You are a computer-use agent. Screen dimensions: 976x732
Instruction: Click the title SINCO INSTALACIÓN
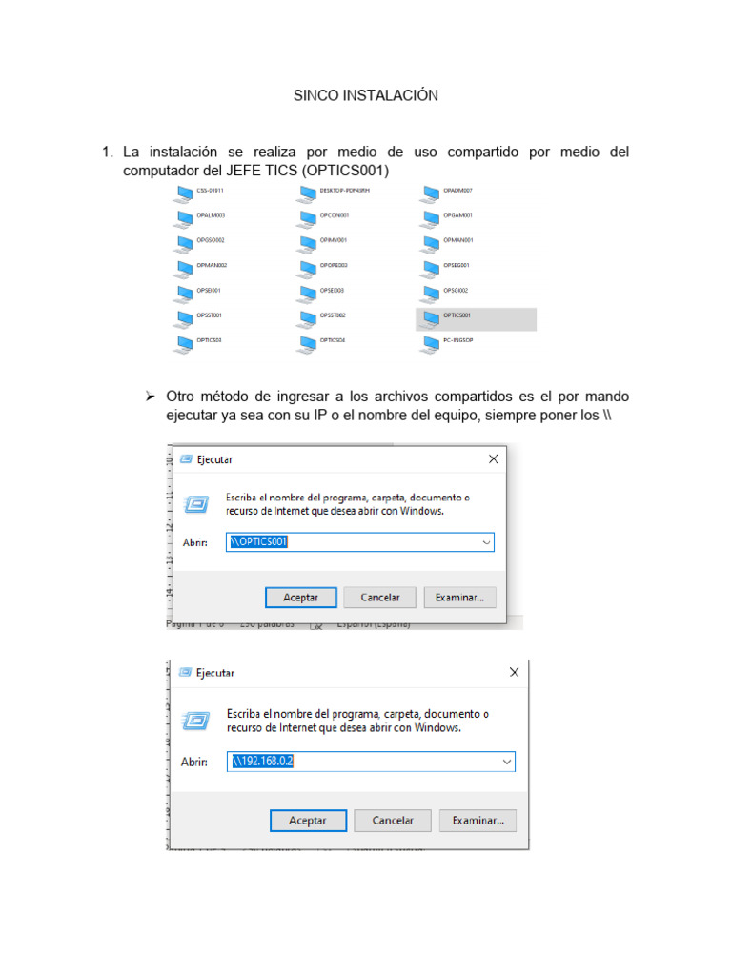tap(365, 95)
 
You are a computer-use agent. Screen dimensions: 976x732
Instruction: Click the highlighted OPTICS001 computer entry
tap(476, 317)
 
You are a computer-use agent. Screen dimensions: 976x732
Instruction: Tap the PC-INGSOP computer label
tap(459, 339)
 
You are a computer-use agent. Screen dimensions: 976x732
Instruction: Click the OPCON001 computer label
tap(335, 215)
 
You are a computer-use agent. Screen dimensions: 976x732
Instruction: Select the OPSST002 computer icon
tap(306, 317)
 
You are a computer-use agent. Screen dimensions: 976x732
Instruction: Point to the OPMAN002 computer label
tap(212, 265)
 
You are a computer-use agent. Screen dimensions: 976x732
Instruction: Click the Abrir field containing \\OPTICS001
tap(353, 542)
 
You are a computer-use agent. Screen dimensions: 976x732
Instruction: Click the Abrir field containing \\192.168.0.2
tap(362, 762)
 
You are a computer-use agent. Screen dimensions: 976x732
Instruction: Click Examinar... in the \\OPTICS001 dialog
tap(459, 598)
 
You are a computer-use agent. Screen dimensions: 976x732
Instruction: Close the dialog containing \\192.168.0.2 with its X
tap(515, 672)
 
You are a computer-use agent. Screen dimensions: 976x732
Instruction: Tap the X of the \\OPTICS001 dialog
tap(493, 458)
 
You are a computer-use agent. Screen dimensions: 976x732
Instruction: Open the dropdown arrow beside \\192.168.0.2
tap(506, 762)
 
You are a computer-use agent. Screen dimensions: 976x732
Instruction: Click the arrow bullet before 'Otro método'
tap(149, 396)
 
